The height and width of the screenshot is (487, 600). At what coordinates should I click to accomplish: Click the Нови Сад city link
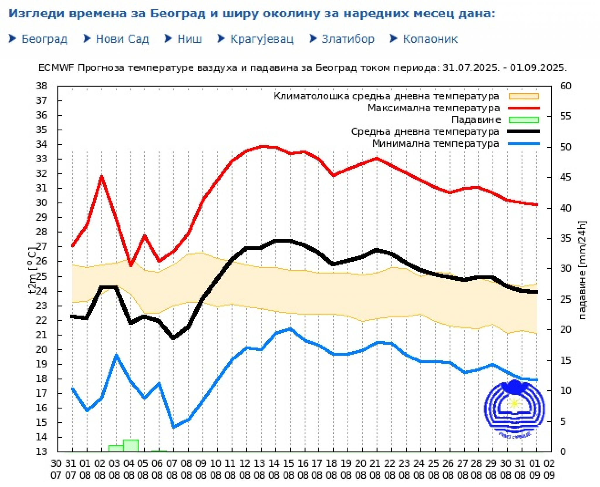(x=122, y=39)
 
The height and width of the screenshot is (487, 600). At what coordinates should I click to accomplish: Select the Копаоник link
(x=430, y=39)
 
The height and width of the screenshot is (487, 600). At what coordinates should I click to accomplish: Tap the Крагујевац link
(x=261, y=39)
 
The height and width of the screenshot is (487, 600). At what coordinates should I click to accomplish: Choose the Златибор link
(x=348, y=39)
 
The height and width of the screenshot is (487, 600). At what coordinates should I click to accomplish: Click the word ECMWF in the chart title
(x=57, y=68)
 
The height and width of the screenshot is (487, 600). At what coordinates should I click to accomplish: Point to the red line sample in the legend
(x=524, y=108)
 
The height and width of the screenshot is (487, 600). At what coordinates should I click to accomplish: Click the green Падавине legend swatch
(x=524, y=120)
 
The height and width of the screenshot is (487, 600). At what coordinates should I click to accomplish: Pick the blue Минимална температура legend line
(x=524, y=144)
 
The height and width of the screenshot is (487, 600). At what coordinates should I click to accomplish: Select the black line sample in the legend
(x=524, y=132)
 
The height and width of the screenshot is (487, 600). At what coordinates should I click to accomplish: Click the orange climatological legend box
(x=524, y=96)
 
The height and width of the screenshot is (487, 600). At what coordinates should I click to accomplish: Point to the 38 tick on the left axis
(x=42, y=86)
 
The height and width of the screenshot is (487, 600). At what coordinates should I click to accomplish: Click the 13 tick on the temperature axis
(x=42, y=452)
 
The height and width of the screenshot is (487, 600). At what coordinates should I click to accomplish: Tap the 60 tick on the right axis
(x=565, y=86)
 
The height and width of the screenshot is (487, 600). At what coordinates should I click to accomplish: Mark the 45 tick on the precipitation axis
(x=565, y=177)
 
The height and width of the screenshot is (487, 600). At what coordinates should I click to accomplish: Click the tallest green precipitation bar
(x=131, y=446)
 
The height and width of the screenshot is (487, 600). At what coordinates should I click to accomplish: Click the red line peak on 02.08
(x=102, y=176)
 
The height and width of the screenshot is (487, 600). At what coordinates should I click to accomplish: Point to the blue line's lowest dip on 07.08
(x=174, y=427)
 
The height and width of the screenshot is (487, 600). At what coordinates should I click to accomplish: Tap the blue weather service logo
(x=514, y=408)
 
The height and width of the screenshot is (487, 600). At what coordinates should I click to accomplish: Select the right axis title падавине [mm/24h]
(x=582, y=270)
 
